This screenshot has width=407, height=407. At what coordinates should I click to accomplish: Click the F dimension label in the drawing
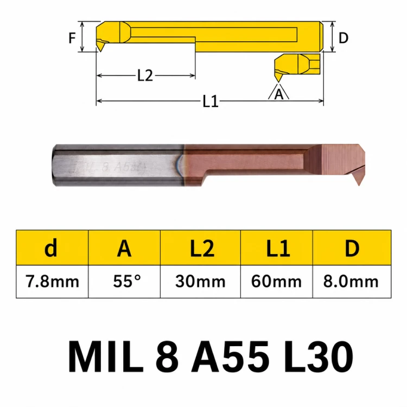coord(72,38)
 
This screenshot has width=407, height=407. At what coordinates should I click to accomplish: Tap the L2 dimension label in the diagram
coord(145,75)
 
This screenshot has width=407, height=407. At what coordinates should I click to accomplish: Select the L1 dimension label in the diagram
coord(210,101)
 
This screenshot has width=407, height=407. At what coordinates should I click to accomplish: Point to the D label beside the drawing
coord(344,38)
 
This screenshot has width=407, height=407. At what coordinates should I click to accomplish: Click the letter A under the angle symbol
coord(279,94)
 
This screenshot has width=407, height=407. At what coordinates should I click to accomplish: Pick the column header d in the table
coord(51,248)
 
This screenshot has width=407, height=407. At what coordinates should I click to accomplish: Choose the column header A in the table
coord(124,249)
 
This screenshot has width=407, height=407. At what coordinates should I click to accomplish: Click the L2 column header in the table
coord(202,249)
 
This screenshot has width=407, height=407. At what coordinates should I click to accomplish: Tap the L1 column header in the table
coord(278,249)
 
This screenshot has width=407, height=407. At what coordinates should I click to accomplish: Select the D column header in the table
coord(352,249)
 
